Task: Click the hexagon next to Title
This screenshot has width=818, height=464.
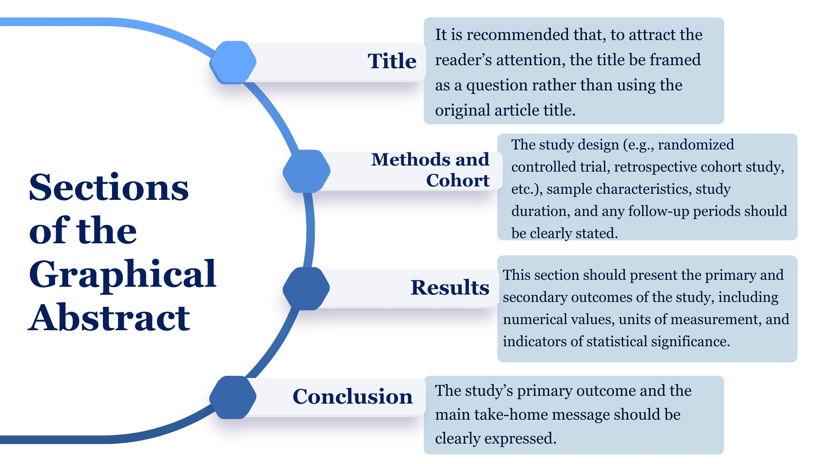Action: pos(233,62)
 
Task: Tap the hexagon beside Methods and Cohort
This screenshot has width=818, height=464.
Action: pos(307,171)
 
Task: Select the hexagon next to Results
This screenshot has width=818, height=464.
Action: pos(307,288)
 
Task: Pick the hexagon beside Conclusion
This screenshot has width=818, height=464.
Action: pos(233,397)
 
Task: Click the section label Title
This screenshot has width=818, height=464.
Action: pos(392,61)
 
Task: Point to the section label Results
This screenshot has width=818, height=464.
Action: pos(450,287)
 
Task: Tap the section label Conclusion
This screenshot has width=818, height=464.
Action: pos(353,396)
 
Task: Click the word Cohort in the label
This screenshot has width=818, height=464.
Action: pos(458,180)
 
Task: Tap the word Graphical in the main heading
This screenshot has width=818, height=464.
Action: pos(122,275)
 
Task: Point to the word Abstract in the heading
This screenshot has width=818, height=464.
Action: pos(109,318)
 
